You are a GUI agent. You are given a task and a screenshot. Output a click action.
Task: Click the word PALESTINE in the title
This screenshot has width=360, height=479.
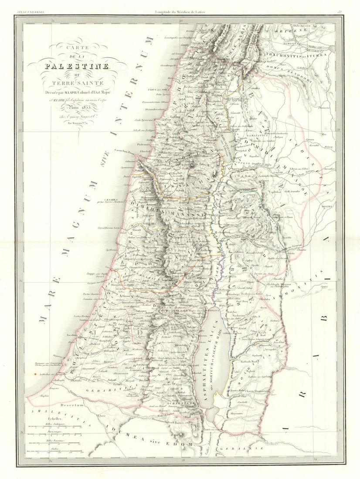click(77, 66)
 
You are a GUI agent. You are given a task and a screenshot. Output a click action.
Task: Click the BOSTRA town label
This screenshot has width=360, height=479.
click(327, 206)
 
